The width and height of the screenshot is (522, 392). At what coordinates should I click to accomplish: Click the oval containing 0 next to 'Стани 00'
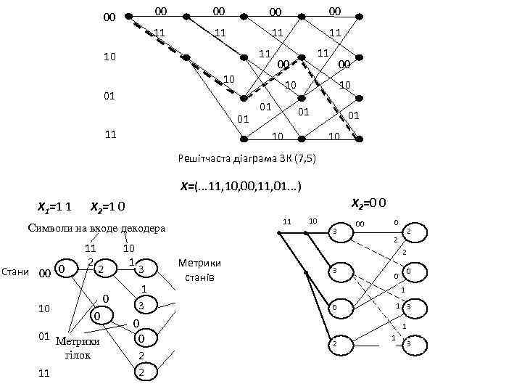64,270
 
